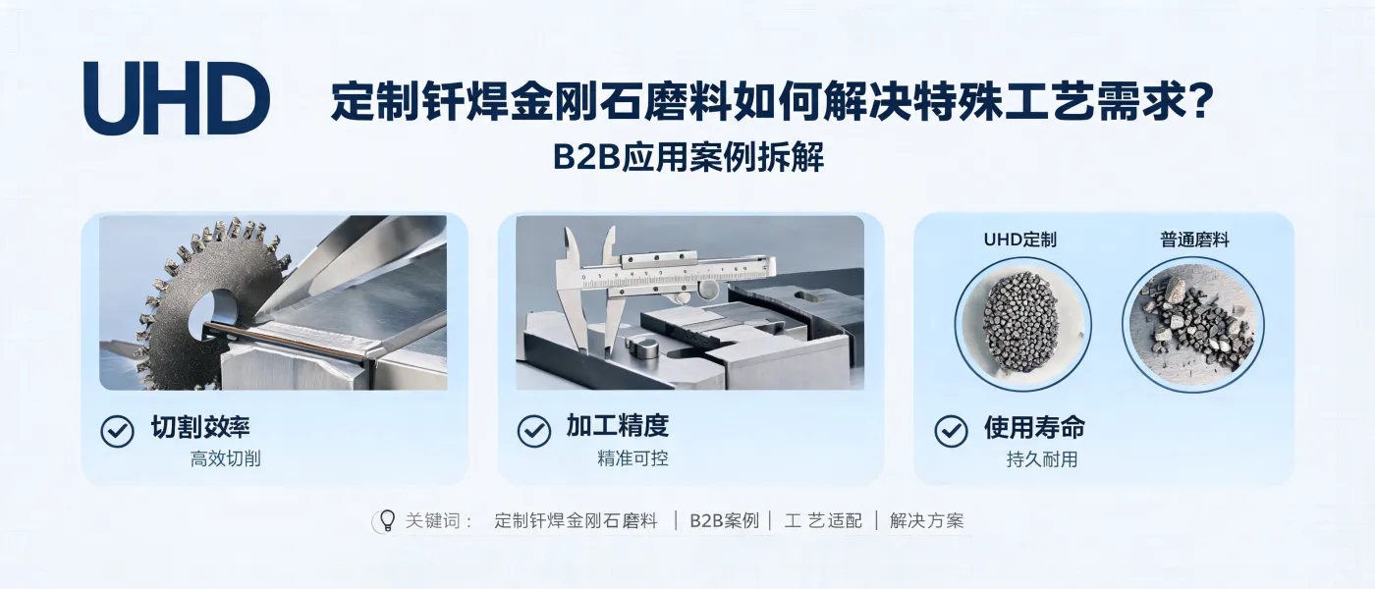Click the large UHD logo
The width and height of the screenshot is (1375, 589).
(x=177, y=98)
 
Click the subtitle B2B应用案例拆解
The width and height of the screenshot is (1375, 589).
(x=688, y=158)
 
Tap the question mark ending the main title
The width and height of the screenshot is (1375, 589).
(x=1200, y=100)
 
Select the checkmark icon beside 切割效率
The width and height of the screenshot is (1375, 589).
(x=117, y=431)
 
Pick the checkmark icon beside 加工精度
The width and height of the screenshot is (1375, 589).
(x=534, y=431)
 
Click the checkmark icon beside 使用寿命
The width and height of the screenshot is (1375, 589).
(x=952, y=431)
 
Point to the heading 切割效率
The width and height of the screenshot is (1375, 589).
(x=200, y=427)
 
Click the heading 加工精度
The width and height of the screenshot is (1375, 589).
(x=618, y=426)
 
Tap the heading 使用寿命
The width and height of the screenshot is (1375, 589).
(x=1035, y=427)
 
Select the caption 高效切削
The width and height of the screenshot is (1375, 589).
(x=225, y=459)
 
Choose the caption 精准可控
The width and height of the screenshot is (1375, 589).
(x=632, y=458)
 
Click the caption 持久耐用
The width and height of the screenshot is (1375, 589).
(x=1042, y=459)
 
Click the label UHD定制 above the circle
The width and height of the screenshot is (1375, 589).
(x=1020, y=240)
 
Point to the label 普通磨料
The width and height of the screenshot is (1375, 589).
(x=1194, y=240)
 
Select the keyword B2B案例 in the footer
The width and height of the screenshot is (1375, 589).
(x=725, y=521)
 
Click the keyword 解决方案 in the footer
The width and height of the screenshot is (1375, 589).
(x=927, y=521)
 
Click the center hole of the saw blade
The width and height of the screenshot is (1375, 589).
(x=212, y=315)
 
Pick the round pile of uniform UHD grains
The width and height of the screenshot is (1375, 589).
(x=1021, y=323)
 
